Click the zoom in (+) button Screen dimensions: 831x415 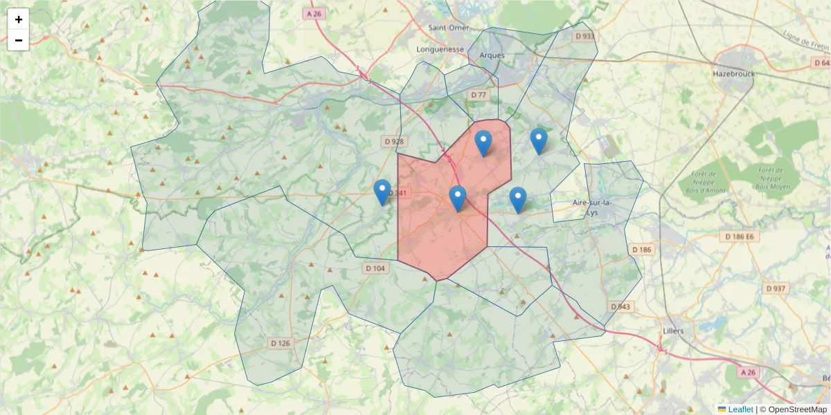pos(19,19)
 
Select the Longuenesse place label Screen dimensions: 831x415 pos(440,50)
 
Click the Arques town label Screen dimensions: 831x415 pos(492,55)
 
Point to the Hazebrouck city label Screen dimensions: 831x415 pos(734,73)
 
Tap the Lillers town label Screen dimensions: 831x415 pos(672,331)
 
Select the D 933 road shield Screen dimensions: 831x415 pos(584,36)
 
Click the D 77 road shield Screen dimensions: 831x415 pos(479,94)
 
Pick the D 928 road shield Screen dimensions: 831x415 pos(393,142)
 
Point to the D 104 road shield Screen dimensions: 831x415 pos(374,268)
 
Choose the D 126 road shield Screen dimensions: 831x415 pos(280,343)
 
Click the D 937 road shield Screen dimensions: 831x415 pos(776,288)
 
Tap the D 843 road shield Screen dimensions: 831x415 pos(621,306)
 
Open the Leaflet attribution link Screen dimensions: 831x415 pos(740,409)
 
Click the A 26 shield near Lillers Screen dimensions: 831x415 pos(747,372)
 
